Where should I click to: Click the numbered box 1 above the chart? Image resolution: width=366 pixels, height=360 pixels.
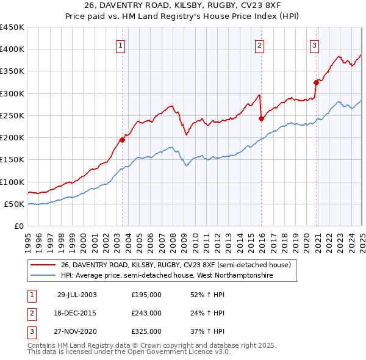[120, 45]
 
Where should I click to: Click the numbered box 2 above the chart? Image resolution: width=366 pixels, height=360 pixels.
[259, 45]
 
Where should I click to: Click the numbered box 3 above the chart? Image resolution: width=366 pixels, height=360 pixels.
[314, 45]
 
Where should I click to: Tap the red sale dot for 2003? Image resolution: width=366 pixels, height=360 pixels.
[123, 140]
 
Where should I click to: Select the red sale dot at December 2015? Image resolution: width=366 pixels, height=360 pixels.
[261, 118]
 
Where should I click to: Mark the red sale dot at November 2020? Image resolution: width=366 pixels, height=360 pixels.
[316, 82]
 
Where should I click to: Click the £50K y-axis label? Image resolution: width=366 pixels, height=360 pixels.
[15, 204]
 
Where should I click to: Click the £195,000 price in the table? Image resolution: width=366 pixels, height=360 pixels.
[146, 295]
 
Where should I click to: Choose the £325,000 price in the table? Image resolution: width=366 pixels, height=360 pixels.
[146, 331]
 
